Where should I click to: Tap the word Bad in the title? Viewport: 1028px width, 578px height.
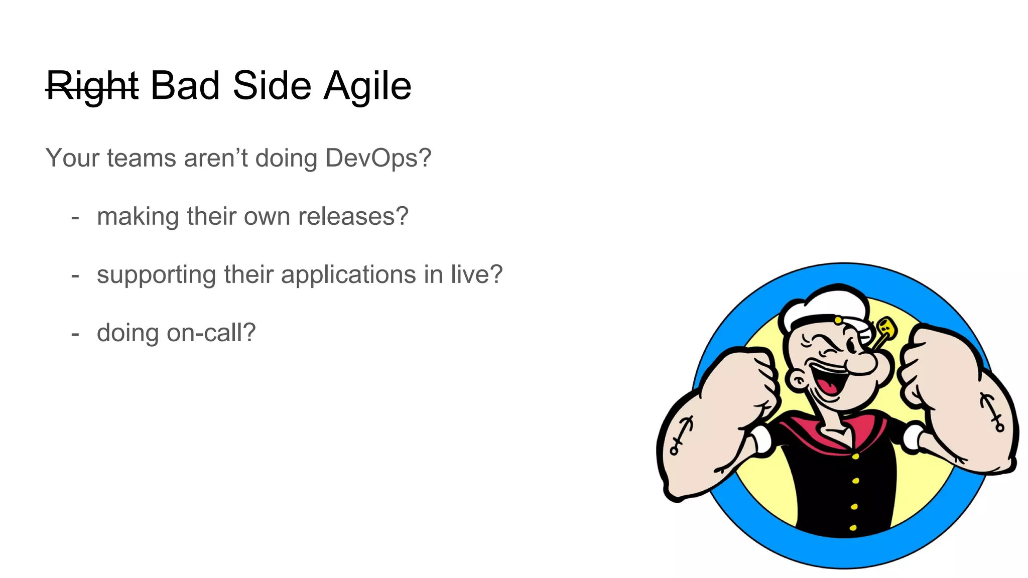point(185,85)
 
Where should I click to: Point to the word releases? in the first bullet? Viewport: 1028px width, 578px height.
point(353,217)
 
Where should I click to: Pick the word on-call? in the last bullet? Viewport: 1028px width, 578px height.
point(211,333)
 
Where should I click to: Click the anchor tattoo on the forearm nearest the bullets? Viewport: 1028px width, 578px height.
point(682,435)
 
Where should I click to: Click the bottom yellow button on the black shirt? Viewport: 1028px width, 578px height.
point(853,527)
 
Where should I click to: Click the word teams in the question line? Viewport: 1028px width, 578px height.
point(142,158)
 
